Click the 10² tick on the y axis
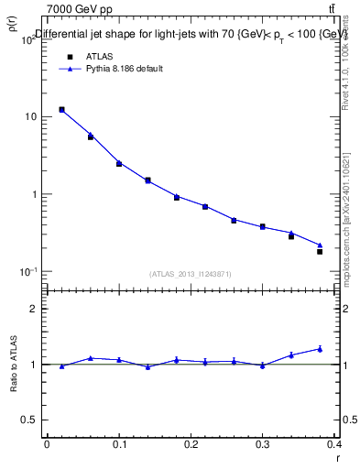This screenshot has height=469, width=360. pos(30,39)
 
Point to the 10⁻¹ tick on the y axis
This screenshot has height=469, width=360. pos(29,272)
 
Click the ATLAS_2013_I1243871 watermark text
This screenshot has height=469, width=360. pos(191,274)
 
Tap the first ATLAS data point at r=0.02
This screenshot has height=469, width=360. pos(61,110)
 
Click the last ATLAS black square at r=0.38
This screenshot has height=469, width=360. pos(320,251)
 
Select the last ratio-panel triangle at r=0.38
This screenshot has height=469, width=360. pos(320,349)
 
